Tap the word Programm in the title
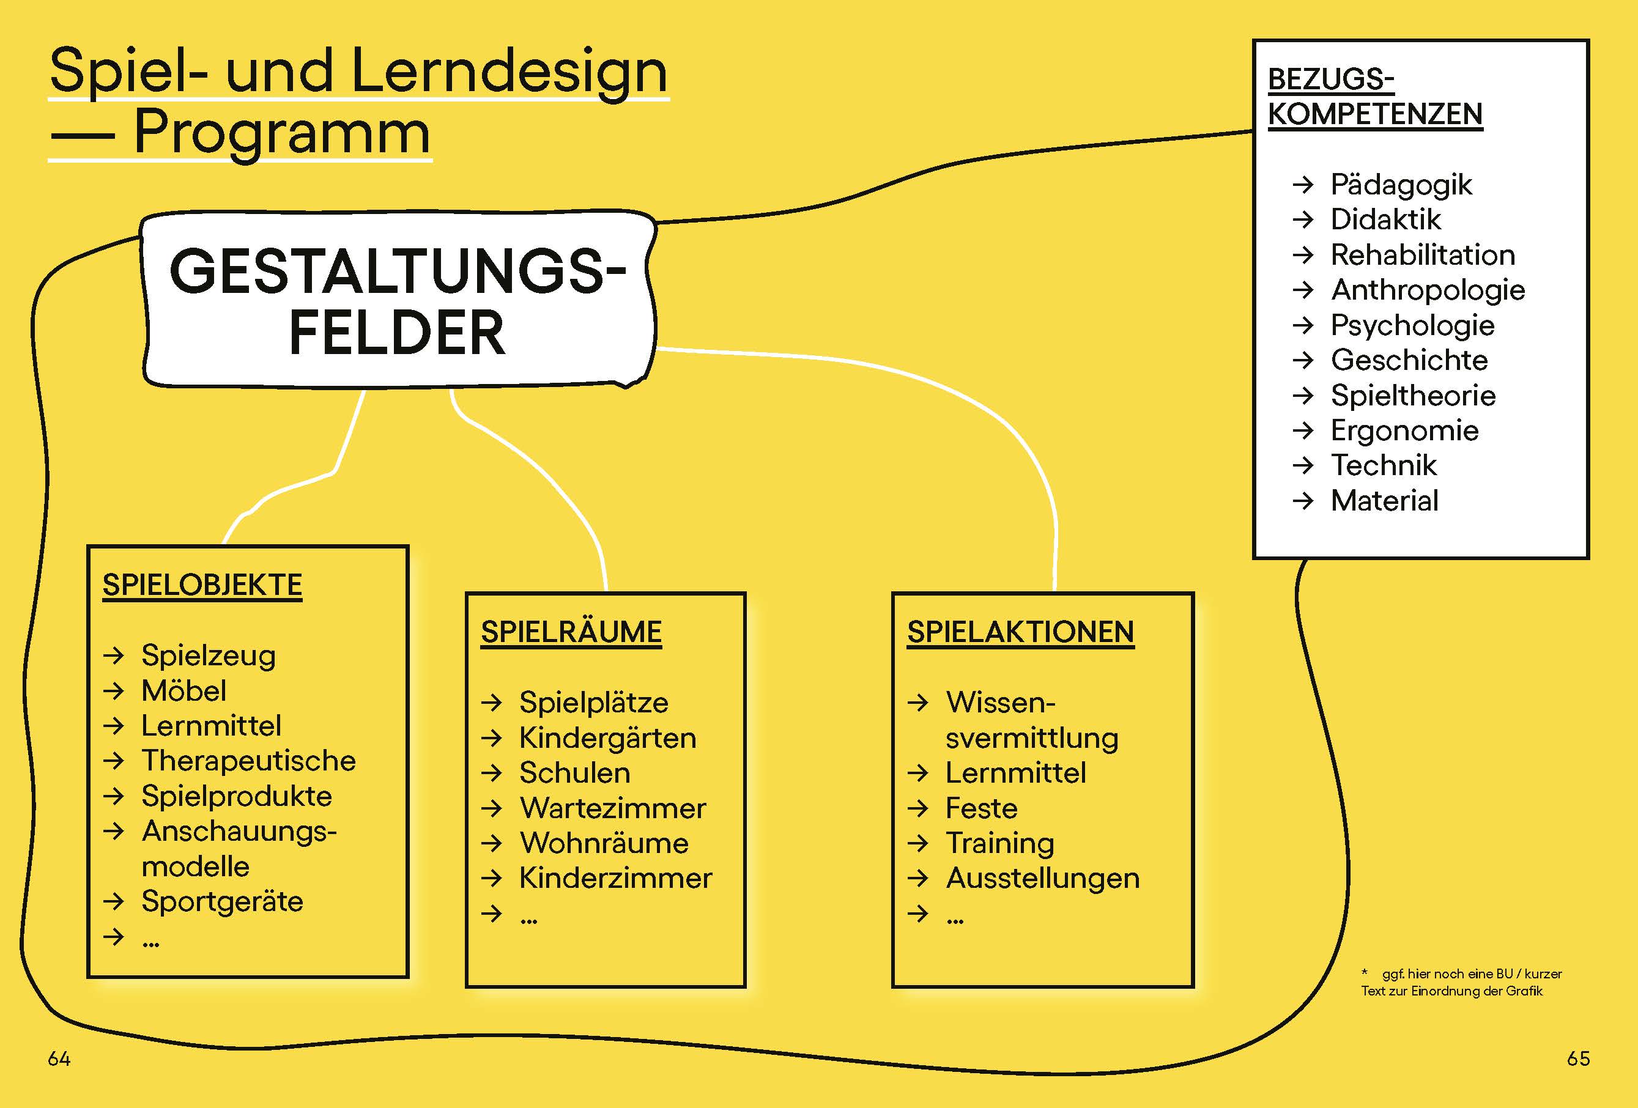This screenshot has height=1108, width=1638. coord(281,133)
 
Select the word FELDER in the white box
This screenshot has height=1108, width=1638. coord(397,333)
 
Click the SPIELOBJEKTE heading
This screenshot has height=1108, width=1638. coord(202,585)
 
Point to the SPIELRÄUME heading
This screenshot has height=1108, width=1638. coord(571,632)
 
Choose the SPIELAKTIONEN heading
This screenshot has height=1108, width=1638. coord(1020,632)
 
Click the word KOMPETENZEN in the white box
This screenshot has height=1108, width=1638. coord(1374,114)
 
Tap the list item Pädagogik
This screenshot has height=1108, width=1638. coord(1401,185)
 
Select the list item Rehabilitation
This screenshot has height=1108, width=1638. coord(1422,255)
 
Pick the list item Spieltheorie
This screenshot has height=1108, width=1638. coord(1412,396)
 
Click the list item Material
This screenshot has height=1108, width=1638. coord(1384,500)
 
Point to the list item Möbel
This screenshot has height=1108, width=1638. coord(184,691)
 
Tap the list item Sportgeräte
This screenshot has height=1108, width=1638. coord(222,901)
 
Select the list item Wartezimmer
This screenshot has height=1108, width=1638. coord(612,808)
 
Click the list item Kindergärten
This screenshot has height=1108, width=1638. coord(607,738)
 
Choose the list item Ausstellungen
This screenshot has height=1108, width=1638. coord(1042,878)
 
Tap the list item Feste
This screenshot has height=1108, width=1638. coord(981,808)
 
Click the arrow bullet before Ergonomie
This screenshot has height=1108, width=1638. coord(1303,430)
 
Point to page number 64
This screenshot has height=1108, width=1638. coord(59,1058)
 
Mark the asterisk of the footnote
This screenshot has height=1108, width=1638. coord(1365,973)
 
